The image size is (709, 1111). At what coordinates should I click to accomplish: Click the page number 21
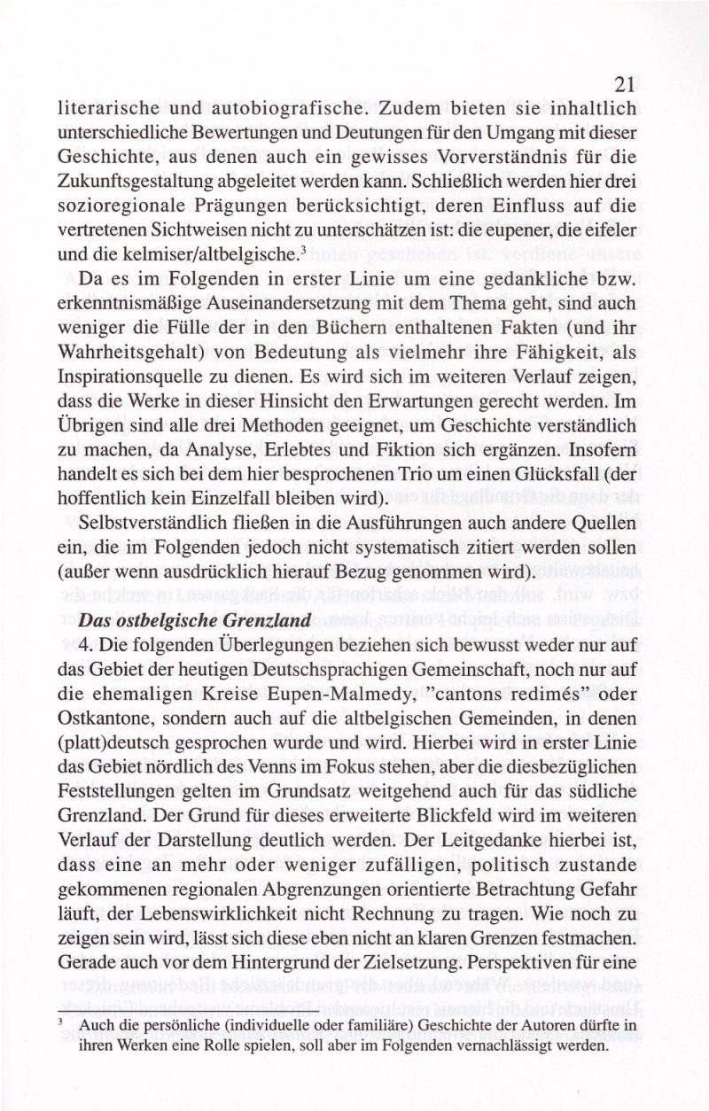tap(623, 84)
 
